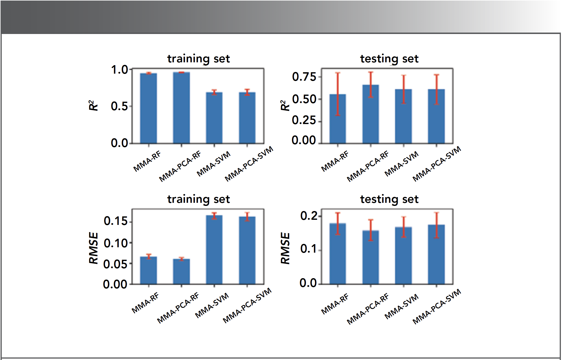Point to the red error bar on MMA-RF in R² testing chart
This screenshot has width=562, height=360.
[338, 93]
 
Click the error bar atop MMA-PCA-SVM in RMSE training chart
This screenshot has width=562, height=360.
[247, 217]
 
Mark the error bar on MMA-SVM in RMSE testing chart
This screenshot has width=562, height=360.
[404, 227]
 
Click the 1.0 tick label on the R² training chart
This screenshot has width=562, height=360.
[120, 70]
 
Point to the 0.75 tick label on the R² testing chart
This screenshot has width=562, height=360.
[304, 77]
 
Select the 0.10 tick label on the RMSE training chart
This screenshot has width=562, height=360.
[116, 243]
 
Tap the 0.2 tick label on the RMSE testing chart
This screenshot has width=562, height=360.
[309, 216]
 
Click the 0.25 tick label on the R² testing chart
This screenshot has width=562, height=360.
[304, 120]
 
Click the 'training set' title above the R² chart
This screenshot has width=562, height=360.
[198, 59]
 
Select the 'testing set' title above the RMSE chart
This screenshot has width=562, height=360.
[389, 199]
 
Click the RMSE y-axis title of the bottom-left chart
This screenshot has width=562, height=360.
[93, 248]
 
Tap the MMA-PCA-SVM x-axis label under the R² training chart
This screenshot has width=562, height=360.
[249, 163]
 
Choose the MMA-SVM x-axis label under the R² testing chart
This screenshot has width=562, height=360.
[401, 164]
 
